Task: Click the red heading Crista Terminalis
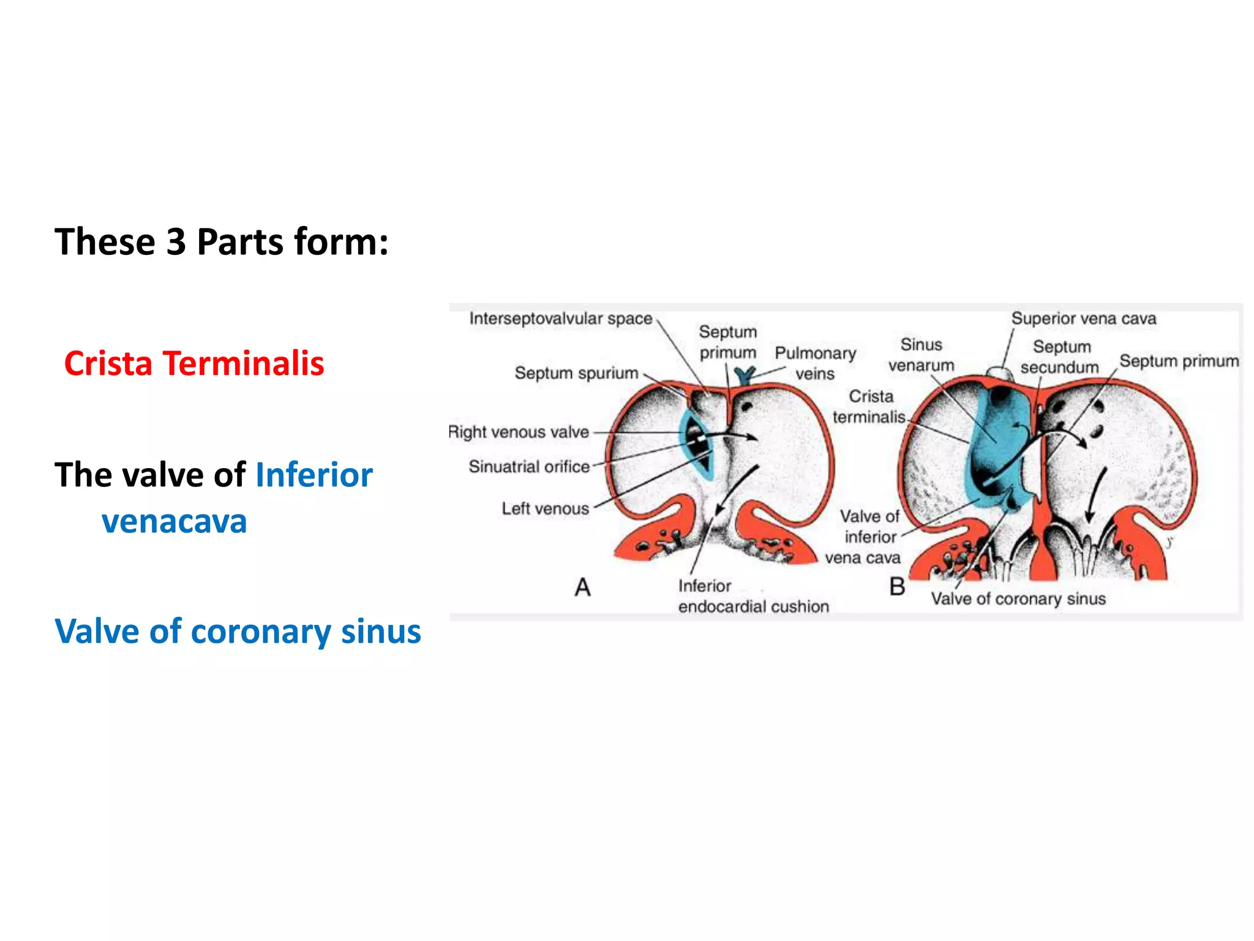click(194, 363)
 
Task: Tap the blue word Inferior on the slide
click(313, 475)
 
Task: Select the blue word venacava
click(175, 521)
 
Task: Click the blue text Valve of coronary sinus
click(238, 631)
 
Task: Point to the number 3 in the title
click(176, 241)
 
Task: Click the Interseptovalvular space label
click(560, 319)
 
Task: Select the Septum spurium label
click(576, 372)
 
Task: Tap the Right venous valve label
click(519, 432)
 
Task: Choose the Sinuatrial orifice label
click(529, 467)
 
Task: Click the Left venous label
click(545, 508)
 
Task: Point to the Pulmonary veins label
click(815, 363)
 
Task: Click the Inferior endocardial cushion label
click(753, 596)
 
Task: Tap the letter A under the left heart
click(582, 588)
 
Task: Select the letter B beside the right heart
click(897, 587)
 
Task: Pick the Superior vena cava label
click(1083, 319)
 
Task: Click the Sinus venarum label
click(921, 355)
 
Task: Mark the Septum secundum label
click(1061, 357)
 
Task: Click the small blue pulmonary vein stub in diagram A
click(745, 374)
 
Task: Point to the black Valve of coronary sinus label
click(1018, 599)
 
